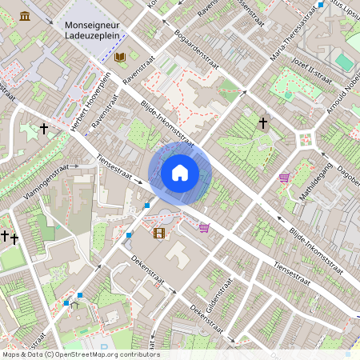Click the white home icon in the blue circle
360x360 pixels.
click(180, 173)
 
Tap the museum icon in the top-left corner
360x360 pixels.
click(26, 16)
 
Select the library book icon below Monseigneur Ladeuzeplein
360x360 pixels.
click(120, 58)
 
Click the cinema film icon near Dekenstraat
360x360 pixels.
click(159, 233)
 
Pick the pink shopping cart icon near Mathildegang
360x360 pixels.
click(284, 178)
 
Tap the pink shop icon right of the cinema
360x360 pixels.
click(204, 228)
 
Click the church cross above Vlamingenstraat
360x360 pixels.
click(44, 128)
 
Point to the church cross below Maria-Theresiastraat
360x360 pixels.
click(262, 123)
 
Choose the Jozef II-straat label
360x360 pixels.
click(313, 70)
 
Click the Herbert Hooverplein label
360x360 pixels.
click(88, 104)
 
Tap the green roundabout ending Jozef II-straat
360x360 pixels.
click(305, 139)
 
